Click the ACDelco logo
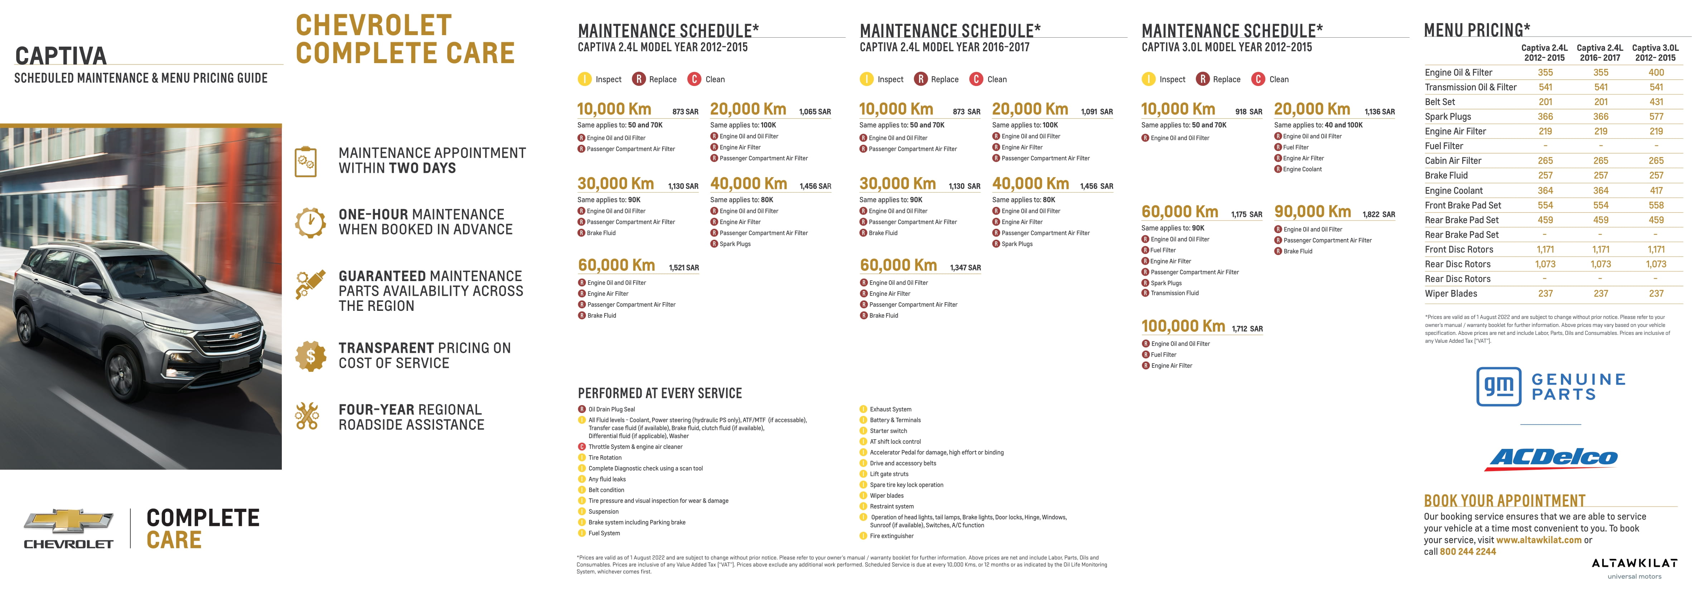[x=1553, y=458]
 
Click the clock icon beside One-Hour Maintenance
[x=310, y=222]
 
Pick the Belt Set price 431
[x=1656, y=102]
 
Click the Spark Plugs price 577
[x=1656, y=117]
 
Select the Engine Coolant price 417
[x=1656, y=191]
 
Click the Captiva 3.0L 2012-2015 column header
[x=1655, y=53]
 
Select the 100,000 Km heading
[x=1183, y=326]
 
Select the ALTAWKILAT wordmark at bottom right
[x=1634, y=563]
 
